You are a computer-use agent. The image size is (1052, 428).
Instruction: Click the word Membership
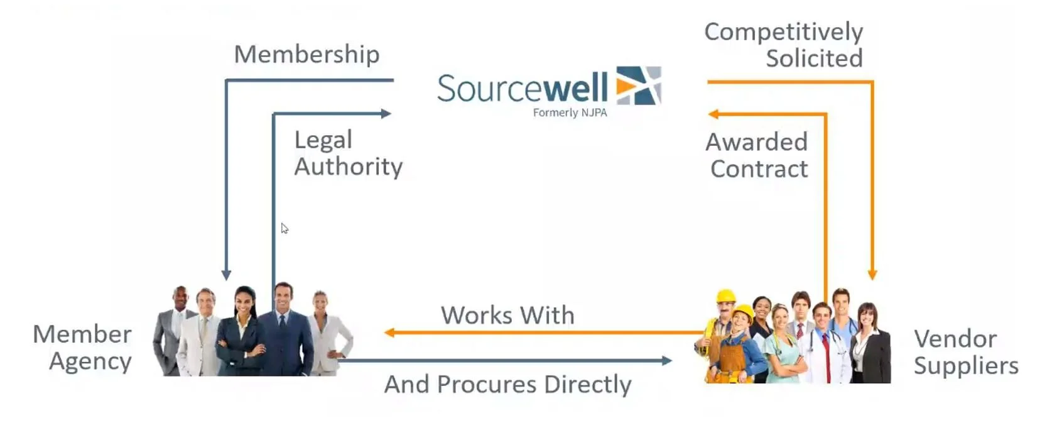[x=306, y=55]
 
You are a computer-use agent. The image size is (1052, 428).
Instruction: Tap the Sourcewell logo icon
[x=639, y=85]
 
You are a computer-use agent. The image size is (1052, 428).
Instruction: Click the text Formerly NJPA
[x=570, y=112]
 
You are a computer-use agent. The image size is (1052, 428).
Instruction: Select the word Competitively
[x=783, y=31]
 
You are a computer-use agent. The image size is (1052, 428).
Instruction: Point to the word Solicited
[x=814, y=58]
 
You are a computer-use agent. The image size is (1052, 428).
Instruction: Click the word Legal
[x=323, y=140]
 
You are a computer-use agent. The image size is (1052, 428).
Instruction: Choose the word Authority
[x=349, y=167]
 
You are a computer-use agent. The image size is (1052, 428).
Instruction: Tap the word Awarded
[x=756, y=142]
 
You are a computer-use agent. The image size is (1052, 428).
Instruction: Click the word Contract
[x=759, y=169]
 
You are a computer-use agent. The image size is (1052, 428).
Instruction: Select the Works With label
[x=507, y=315]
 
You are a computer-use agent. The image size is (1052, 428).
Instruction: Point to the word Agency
[x=90, y=361]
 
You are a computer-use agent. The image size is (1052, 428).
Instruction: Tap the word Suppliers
[x=965, y=365]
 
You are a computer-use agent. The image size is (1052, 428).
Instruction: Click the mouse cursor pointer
[x=284, y=228]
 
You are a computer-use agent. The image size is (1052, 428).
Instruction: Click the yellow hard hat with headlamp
[x=726, y=295]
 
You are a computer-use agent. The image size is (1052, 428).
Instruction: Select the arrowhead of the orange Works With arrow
[x=389, y=332]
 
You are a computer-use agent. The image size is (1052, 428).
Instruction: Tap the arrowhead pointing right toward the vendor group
[x=666, y=361]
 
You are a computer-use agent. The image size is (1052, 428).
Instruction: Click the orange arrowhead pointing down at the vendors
[x=872, y=275]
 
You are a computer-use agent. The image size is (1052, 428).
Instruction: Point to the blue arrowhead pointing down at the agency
[x=226, y=275]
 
